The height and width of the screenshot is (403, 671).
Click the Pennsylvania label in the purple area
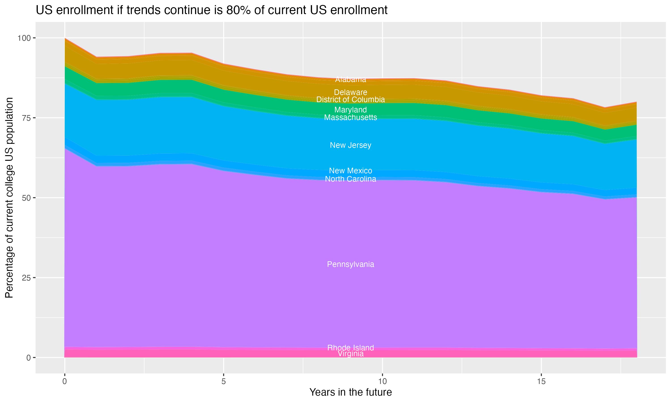350,264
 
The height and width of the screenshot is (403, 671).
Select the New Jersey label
350,145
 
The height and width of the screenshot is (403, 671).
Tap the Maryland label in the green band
350,110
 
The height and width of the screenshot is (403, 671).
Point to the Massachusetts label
350,117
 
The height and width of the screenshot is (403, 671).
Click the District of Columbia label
350,99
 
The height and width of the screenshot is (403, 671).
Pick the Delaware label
350,92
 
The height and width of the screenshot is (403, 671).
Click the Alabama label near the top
350,79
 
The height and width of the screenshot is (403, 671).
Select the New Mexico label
350,171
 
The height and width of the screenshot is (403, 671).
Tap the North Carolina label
350,179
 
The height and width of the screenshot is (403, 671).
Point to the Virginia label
350,354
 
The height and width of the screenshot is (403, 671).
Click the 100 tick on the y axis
24,38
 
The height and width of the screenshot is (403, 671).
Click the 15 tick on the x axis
541,382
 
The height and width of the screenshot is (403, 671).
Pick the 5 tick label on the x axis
223,382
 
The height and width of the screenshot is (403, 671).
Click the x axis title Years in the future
350,392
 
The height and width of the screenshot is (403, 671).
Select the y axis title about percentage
9,197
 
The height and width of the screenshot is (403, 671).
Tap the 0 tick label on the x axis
65,382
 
